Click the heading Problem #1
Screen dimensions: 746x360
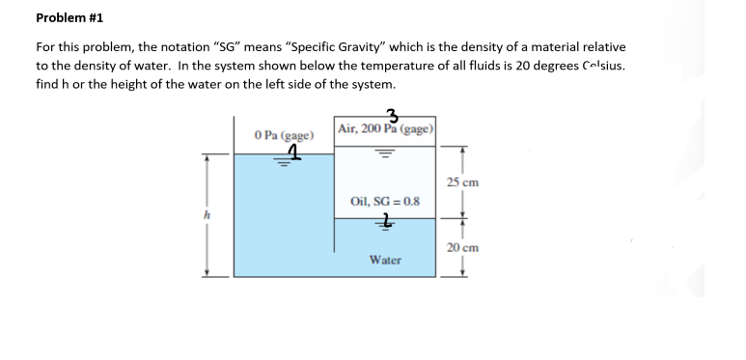tap(69, 17)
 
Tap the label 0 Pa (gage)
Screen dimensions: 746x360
tap(281, 135)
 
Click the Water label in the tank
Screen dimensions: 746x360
tap(385, 260)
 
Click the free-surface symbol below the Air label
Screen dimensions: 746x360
tap(385, 152)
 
